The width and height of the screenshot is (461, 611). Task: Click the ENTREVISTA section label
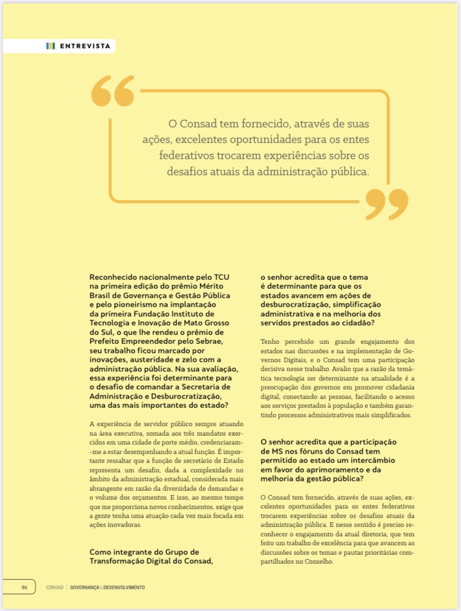85,46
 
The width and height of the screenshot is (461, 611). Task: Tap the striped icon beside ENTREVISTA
51,46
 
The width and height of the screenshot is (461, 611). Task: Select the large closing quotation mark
386,204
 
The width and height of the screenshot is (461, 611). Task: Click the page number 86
24,587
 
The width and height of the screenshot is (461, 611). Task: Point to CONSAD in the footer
55,587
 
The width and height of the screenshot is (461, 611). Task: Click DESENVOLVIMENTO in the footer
124,587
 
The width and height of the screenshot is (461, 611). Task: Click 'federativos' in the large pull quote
186,156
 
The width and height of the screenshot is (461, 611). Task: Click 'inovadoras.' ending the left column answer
122,525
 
